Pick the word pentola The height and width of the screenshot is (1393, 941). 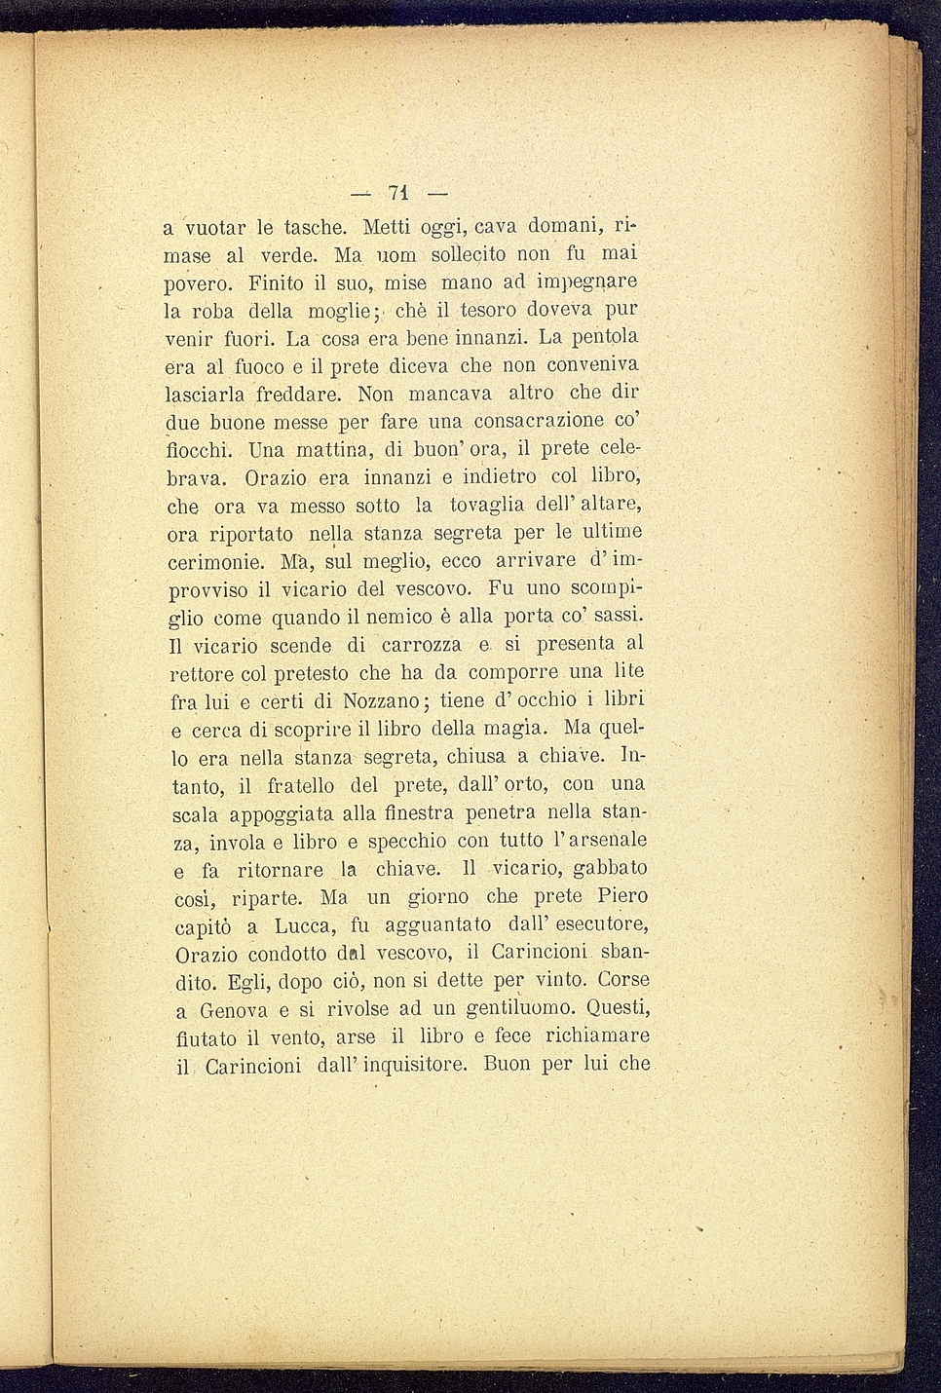pos(605,339)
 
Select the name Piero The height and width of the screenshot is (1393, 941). pos(621,896)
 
